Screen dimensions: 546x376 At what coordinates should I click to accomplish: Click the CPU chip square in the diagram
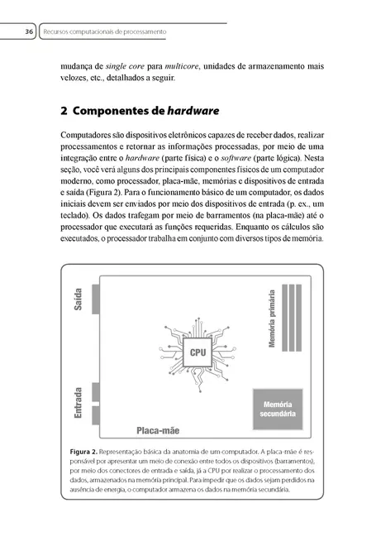click(197, 352)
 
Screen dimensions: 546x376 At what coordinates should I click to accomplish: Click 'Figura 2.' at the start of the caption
click(86, 451)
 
